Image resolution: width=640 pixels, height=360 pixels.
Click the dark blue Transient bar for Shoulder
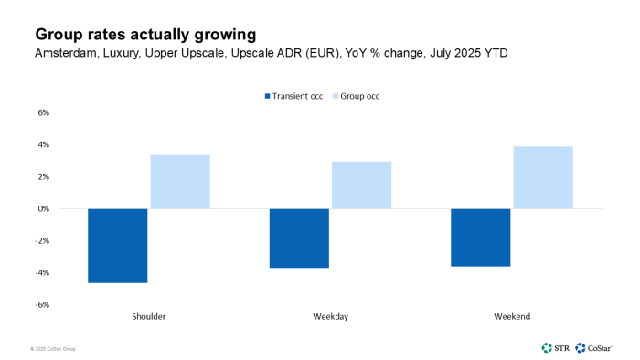click(118, 245)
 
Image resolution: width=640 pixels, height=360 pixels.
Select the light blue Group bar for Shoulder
click(180, 182)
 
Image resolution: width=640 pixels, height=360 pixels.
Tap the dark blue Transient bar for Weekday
click(299, 238)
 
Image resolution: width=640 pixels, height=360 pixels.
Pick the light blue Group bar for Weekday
click(361, 185)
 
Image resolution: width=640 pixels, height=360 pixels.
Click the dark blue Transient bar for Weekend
click(480, 238)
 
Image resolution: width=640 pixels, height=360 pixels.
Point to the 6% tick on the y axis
click(42, 113)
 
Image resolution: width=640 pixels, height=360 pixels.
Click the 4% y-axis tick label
click(42, 145)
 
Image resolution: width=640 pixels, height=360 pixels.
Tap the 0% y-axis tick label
click(42, 208)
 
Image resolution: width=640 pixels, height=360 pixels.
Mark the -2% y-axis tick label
click(41, 240)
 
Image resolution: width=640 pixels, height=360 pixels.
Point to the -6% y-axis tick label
click(41, 304)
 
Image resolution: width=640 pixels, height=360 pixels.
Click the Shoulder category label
click(148, 316)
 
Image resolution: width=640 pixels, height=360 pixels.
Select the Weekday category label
click(330, 316)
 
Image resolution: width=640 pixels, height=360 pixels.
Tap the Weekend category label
click(512, 316)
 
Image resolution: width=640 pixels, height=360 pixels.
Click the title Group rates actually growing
click(145, 35)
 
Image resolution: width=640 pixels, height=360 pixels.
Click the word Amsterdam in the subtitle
click(66, 54)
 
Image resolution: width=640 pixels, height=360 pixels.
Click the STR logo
click(554, 347)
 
